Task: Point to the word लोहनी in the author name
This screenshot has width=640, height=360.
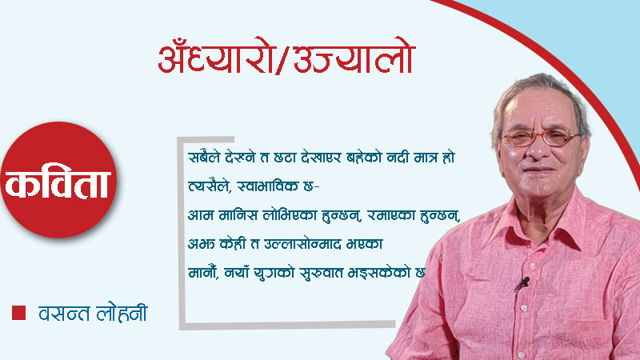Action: coord(120,311)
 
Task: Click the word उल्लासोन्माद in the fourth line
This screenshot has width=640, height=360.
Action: coord(288,242)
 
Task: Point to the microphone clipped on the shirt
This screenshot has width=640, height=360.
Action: coord(524,282)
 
